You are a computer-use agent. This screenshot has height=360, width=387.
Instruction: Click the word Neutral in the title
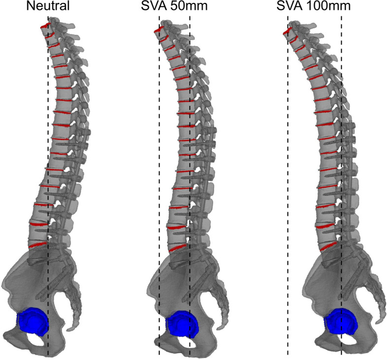(x=48, y=7)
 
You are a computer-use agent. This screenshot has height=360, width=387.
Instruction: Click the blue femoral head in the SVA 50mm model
(x=182, y=323)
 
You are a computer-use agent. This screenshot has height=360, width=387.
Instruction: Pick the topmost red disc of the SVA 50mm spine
(x=159, y=31)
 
